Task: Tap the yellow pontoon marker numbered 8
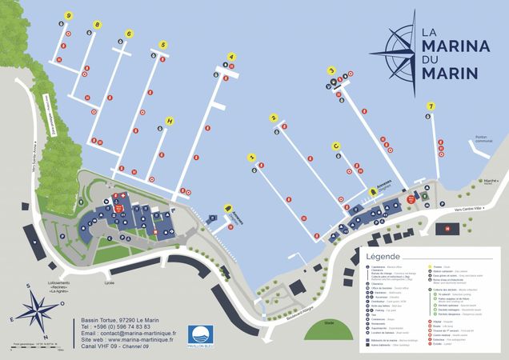[98, 25]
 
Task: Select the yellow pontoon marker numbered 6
[129, 34]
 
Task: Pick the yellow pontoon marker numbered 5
[162, 45]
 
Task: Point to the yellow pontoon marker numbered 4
[232, 57]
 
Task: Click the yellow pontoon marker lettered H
[169, 121]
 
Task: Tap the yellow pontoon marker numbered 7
[431, 106]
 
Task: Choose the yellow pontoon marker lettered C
[336, 146]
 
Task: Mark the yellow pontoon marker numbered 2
[274, 118]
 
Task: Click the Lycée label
[110, 282]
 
